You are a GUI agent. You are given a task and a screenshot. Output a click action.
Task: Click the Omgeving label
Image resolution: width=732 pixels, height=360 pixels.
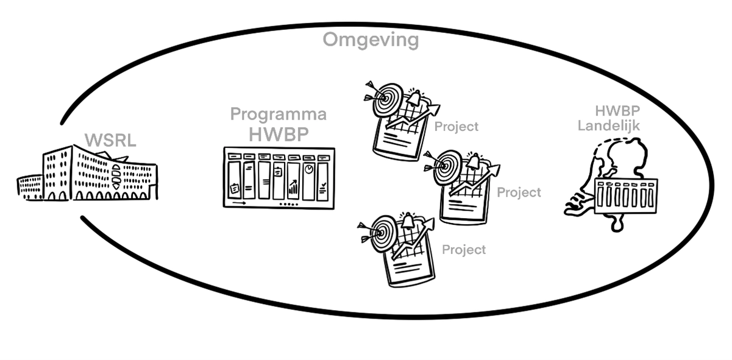371,40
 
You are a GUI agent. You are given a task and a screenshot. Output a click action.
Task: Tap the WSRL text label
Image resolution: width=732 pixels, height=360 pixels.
110,141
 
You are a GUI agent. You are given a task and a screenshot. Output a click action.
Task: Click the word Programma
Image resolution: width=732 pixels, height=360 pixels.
278,114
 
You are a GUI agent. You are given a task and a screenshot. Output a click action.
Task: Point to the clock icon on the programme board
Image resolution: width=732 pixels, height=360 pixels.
309,169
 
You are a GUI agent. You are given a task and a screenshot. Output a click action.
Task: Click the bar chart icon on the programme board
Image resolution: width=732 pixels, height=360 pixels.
293,186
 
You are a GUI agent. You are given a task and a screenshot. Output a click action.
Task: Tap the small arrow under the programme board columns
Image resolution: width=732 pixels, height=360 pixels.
238,202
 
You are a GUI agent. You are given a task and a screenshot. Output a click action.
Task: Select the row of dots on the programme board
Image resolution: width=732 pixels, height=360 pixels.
288,204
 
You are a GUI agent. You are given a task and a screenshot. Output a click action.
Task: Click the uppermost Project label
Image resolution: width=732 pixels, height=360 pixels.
457,127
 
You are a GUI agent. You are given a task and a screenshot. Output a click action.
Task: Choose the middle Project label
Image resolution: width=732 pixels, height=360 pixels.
519,192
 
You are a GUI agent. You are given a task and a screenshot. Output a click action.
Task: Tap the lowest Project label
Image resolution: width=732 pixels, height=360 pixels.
464,250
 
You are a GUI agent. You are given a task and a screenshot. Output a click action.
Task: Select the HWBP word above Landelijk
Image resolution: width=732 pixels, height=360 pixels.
617,112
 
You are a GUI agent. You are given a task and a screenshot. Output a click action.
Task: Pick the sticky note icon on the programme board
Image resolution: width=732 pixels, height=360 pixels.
234,189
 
